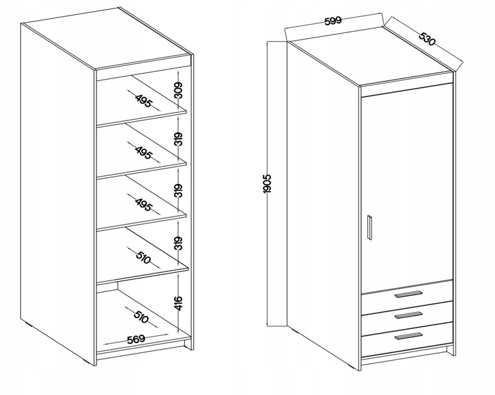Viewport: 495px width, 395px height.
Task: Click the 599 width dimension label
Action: point(333,21)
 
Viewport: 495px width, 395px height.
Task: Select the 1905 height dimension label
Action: point(267,184)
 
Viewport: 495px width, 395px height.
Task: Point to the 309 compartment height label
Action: point(178,90)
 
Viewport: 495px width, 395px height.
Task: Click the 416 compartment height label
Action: point(178,303)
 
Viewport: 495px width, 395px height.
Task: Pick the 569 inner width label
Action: point(136,339)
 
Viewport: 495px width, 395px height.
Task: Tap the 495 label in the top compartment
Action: point(144,100)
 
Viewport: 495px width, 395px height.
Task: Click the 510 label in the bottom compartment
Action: point(141,317)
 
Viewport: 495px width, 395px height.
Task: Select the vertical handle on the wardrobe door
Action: point(370,228)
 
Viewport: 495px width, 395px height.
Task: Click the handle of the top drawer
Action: point(408,294)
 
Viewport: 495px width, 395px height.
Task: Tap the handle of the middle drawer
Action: point(408,315)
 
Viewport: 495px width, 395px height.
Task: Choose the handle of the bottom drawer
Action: point(408,336)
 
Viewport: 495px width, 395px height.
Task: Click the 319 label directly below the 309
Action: point(178,139)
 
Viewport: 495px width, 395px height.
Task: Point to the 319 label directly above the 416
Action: point(178,243)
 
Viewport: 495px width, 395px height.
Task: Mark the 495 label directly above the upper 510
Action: point(144,205)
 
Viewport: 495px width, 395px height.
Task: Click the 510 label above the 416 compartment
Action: point(143,258)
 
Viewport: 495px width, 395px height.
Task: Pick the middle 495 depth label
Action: point(144,153)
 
